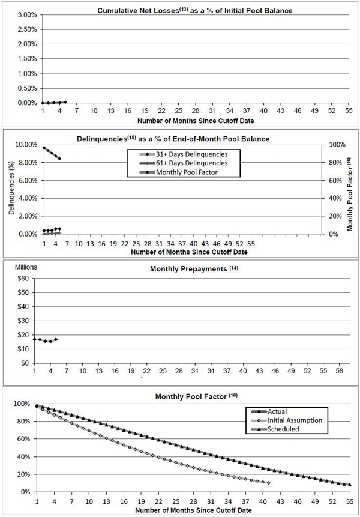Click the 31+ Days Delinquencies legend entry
pyautogui.click(x=183, y=154)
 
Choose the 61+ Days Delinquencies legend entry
pyautogui.click(x=183, y=163)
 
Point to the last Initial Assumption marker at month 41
pyautogui.click(x=268, y=483)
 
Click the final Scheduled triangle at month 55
pyautogui.click(x=350, y=485)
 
